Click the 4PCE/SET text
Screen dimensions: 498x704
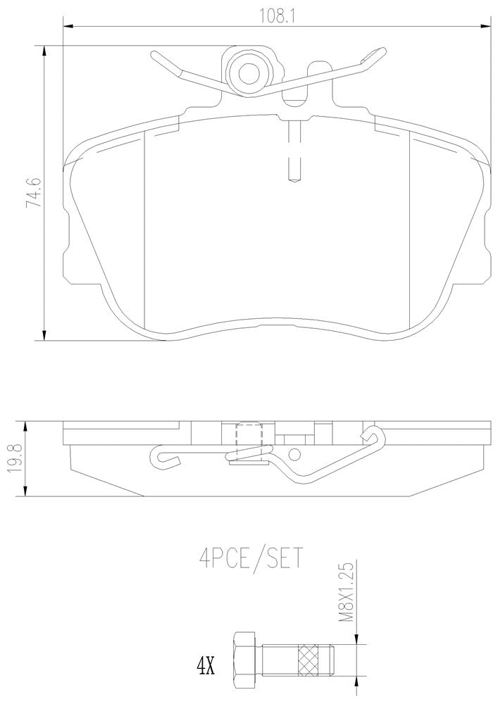coord(251,558)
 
